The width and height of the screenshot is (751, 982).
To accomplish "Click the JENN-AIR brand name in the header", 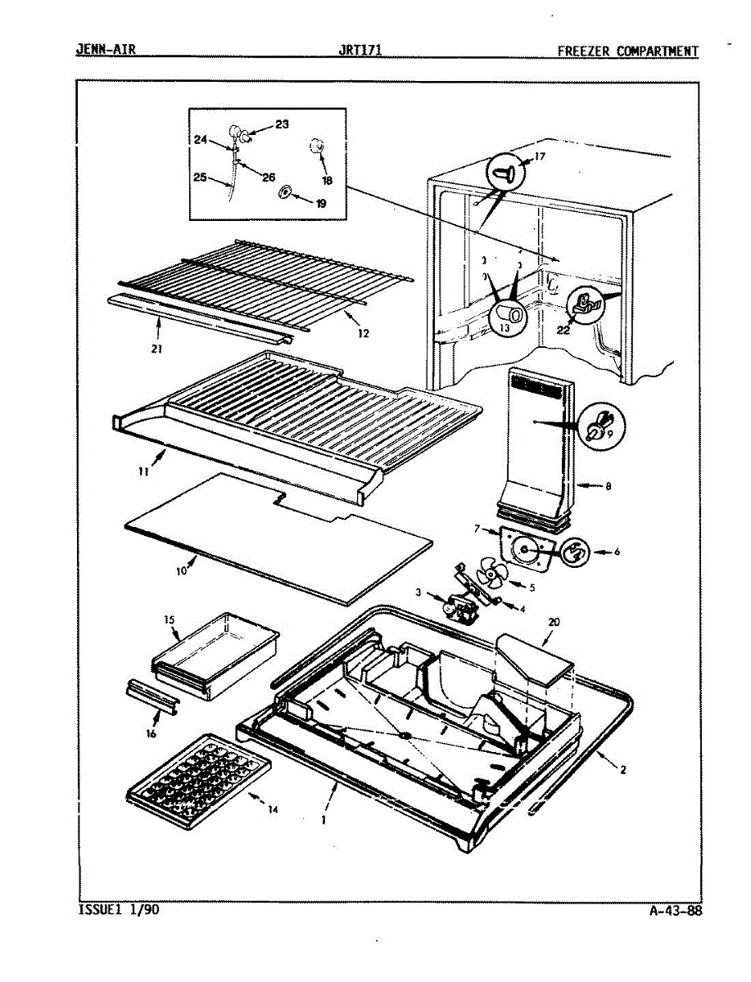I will [x=106, y=50].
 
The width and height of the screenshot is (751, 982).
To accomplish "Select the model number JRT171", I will [x=360, y=50].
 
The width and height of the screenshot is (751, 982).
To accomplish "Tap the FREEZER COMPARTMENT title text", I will [x=628, y=51].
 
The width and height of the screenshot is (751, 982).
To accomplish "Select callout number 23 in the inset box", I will [x=282, y=124].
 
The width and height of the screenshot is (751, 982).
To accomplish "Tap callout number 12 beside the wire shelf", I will [x=363, y=333].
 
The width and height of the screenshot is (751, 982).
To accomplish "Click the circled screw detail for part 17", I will [x=504, y=173].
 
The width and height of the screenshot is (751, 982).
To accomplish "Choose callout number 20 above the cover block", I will [x=554, y=622].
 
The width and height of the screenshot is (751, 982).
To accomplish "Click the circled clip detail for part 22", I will [x=585, y=306].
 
